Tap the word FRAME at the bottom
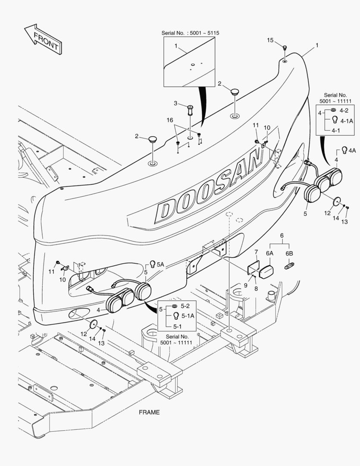click(x=149, y=412)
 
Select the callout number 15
click(x=270, y=40)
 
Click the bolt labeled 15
click(x=285, y=47)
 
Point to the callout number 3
click(x=175, y=103)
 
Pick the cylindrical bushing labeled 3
click(x=190, y=110)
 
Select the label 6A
click(x=270, y=254)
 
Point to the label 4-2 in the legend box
click(x=344, y=110)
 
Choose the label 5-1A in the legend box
click(x=188, y=315)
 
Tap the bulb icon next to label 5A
click(x=152, y=264)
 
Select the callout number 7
click(x=256, y=252)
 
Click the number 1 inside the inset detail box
click(x=176, y=45)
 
